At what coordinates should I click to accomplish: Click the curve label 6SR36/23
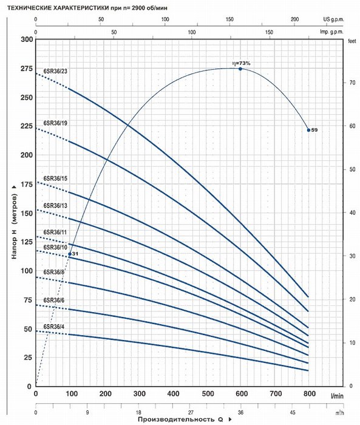[55, 71]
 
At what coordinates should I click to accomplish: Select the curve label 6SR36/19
[55, 123]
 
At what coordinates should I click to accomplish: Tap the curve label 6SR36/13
[55, 206]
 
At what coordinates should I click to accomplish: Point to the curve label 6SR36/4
[54, 326]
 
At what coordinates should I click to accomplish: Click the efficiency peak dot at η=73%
[240, 69]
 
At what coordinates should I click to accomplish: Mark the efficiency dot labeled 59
[308, 130]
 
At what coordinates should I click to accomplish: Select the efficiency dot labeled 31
[70, 254]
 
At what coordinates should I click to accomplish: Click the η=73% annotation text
[241, 63]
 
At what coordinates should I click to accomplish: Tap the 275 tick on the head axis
[27, 69]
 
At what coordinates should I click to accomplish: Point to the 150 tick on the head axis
[27, 213]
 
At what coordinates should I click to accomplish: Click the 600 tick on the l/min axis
[242, 393]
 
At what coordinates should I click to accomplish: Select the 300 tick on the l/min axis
[139, 393]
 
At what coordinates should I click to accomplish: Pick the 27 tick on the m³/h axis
[191, 412]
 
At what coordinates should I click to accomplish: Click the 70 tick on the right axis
[352, 83]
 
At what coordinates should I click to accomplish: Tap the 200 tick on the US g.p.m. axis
[294, 19]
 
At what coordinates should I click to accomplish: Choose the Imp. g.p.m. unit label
[332, 32]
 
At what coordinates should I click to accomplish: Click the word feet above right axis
[352, 41]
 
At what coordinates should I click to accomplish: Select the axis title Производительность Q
[180, 420]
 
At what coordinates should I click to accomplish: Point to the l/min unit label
[337, 396]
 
